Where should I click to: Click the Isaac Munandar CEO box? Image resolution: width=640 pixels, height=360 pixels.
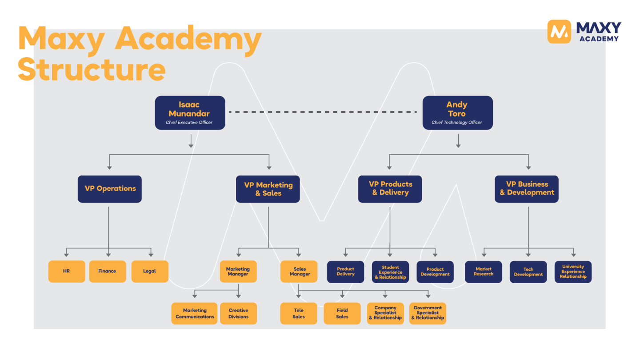click(190, 113)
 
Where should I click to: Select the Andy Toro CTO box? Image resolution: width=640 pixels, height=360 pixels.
click(457, 113)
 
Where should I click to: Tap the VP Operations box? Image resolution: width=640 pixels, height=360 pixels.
click(110, 189)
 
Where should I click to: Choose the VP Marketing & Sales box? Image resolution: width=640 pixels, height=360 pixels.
click(268, 189)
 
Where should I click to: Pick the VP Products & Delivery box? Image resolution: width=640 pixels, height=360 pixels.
click(390, 189)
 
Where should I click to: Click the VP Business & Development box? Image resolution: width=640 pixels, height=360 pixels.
click(527, 189)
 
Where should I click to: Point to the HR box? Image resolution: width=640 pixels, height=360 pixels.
click(67, 271)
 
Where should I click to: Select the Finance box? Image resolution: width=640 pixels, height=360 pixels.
click(107, 271)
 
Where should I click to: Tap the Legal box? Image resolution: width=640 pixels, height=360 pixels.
click(150, 271)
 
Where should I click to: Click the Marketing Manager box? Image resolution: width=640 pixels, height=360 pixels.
click(238, 271)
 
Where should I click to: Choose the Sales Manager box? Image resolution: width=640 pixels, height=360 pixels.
click(299, 271)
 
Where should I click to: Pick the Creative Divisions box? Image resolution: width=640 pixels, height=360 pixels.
click(238, 313)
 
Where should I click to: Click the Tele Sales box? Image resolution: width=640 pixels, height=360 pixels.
click(299, 313)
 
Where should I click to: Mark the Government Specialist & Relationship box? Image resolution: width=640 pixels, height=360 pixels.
click(428, 313)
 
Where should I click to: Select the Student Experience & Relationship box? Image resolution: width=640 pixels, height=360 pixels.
click(390, 272)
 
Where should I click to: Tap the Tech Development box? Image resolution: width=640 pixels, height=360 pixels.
click(528, 272)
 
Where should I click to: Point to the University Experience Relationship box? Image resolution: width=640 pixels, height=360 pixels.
click(573, 272)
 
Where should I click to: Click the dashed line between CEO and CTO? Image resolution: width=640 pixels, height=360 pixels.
click(324, 112)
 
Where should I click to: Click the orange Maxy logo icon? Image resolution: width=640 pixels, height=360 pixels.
click(559, 32)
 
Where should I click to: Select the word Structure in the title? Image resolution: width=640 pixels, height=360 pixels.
click(92, 70)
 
